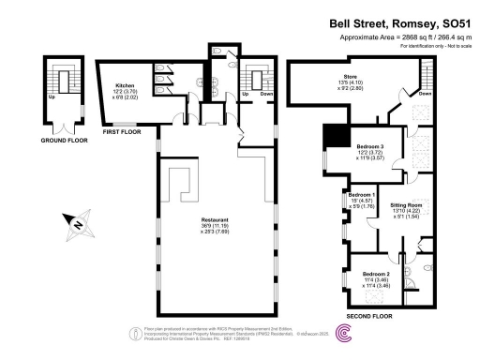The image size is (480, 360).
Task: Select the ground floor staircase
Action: click(64, 84)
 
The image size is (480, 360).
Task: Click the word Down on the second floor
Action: click(425, 94)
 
